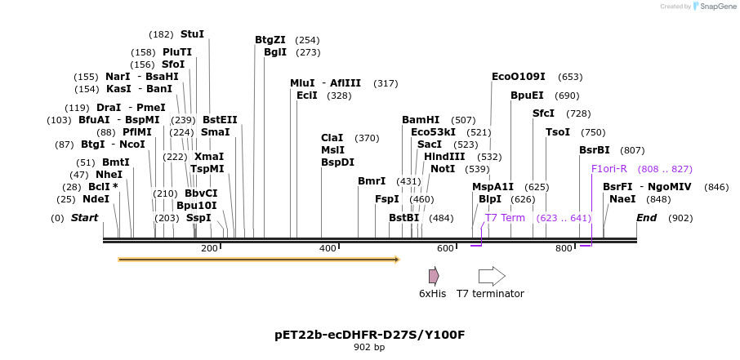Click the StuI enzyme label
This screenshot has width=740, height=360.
(192, 34)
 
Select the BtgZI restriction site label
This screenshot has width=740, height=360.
(270, 39)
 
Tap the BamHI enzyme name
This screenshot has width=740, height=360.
(420, 120)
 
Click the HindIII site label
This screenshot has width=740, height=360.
(444, 157)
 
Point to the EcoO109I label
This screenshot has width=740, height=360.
(518, 77)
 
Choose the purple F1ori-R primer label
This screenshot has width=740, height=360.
(608, 169)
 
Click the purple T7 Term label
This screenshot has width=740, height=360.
(505, 218)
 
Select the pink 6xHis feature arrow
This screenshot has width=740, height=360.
(434, 276)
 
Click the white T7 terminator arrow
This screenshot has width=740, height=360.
(492, 276)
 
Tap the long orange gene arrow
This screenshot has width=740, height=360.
(258, 260)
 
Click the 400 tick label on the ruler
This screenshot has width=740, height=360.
(328, 248)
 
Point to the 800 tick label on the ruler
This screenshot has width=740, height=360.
(564, 248)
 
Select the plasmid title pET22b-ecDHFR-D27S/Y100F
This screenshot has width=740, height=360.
(369, 335)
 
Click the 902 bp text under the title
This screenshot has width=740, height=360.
(369, 348)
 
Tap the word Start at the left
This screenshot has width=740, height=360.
(84, 218)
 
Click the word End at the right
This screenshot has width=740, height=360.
(646, 218)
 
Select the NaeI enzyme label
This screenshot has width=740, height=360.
(622, 199)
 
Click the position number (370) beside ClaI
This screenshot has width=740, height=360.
(367, 138)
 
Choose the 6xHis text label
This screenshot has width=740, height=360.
(432, 294)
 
